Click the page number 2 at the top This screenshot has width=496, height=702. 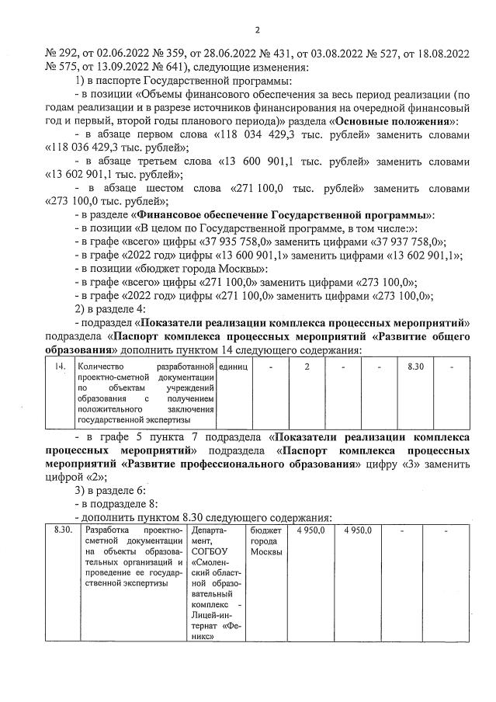pos(255,31)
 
